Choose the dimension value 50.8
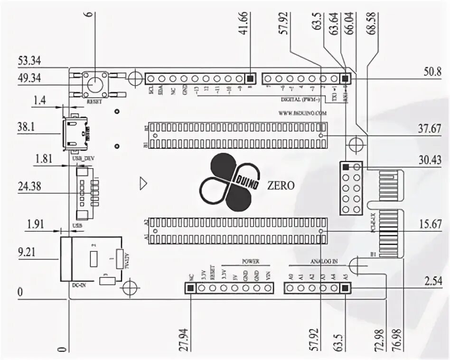pos(432,72)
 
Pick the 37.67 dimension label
pos(429,130)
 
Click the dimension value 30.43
pos(429,161)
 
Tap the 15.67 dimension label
pos(429,225)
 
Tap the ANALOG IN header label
pos(324,261)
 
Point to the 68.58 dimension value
pos(371,34)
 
